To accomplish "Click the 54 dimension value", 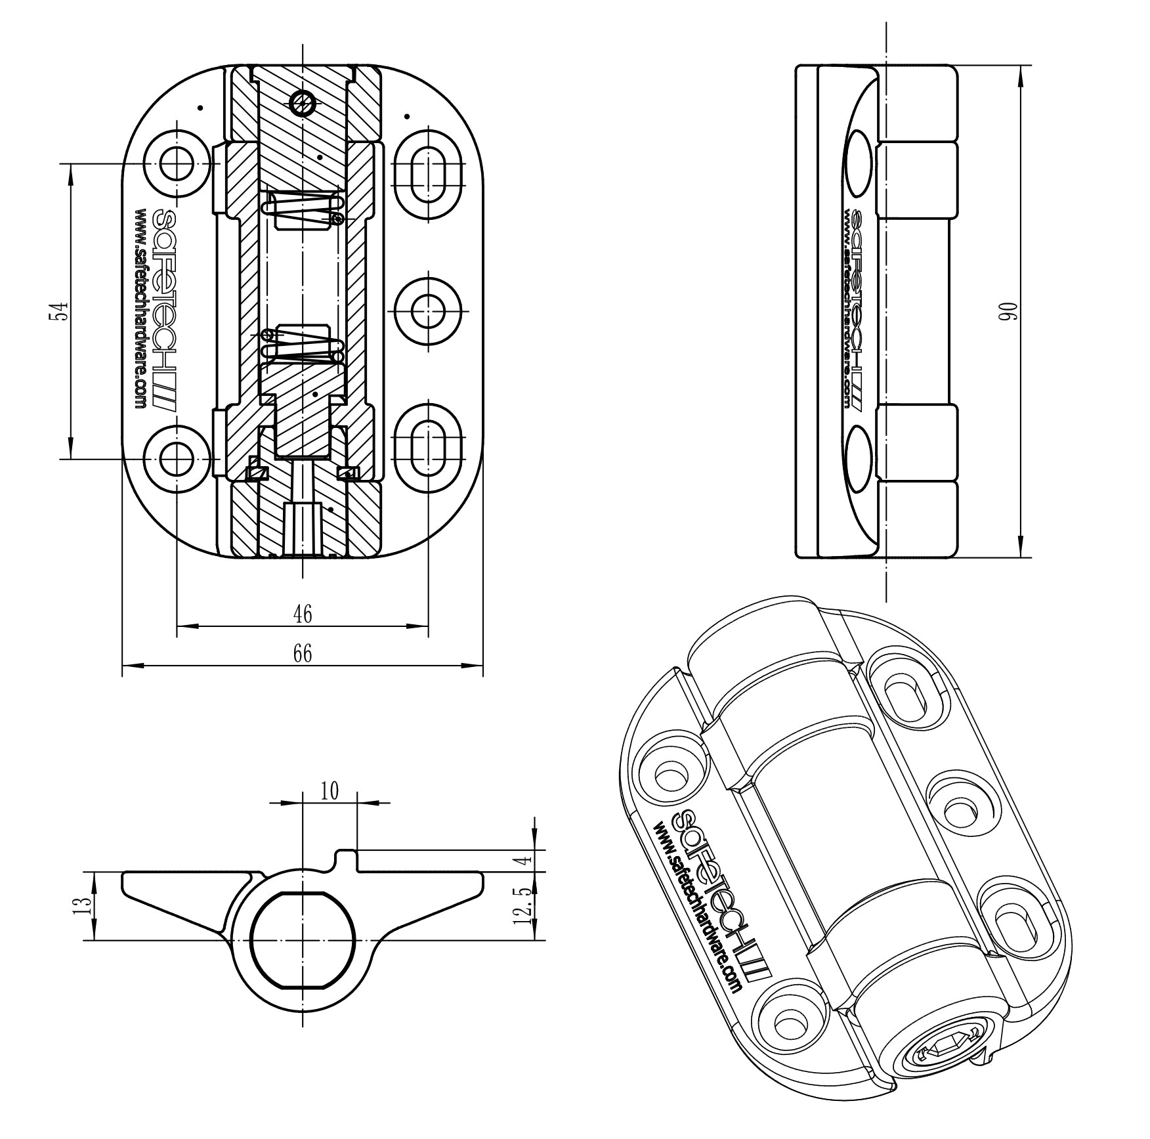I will [58, 311].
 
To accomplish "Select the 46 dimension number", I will [303, 614].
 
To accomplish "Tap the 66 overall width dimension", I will [303, 653].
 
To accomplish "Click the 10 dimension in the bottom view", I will [330, 791].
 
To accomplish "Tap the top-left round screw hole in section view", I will [177, 164].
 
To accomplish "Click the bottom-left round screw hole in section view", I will [177, 459].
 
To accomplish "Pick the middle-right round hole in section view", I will [428, 311].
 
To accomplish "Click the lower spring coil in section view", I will [303, 344].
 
